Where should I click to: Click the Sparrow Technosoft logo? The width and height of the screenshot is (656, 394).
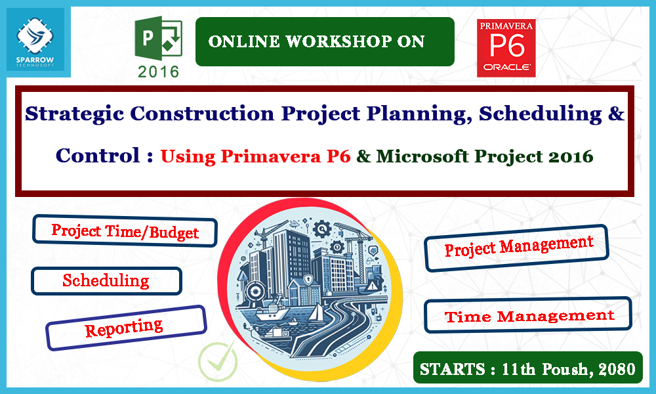pyautogui.click(x=39, y=41)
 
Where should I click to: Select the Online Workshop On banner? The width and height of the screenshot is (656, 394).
pyautogui.click(x=325, y=42)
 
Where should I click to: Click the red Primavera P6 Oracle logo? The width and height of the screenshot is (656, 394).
pyautogui.click(x=506, y=48)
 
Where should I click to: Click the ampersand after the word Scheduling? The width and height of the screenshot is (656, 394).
pyautogui.click(x=615, y=114)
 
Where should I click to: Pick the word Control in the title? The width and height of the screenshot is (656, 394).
pyautogui.click(x=98, y=156)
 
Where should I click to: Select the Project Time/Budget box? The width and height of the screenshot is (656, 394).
pyautogui.click(x=125, y=232)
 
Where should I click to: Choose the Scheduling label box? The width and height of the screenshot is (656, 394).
pyautogui.click(x=106, y=281)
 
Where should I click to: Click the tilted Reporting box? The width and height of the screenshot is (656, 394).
pyautogui.click(x=125, y=326)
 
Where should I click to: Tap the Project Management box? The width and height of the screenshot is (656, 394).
pyautogui.click(x=518, y=248)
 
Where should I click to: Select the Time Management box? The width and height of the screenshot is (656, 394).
pyautogui.click(x=529, y=317)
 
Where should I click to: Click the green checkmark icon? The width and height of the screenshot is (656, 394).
pyautogui.click(x=218, y=361)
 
